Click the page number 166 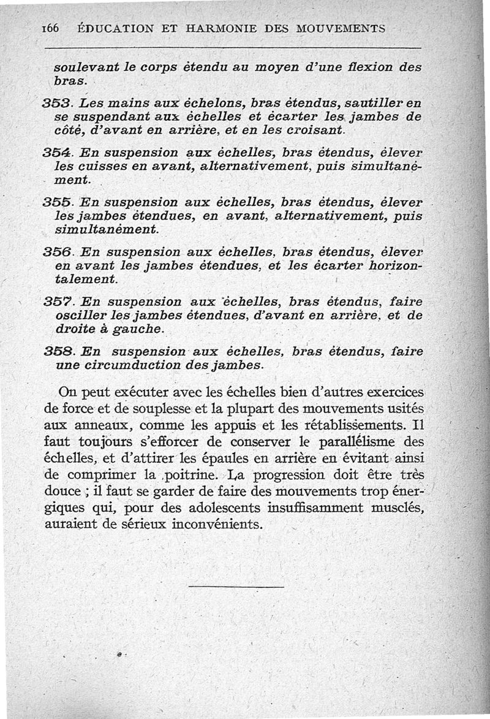(x=50, y=29)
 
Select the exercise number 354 (x=58, y=153)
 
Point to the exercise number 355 (x=58, y=202)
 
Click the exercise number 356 (x=58, y=252)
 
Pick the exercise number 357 (x=58, y=302)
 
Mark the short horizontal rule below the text (x=236, y=587)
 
